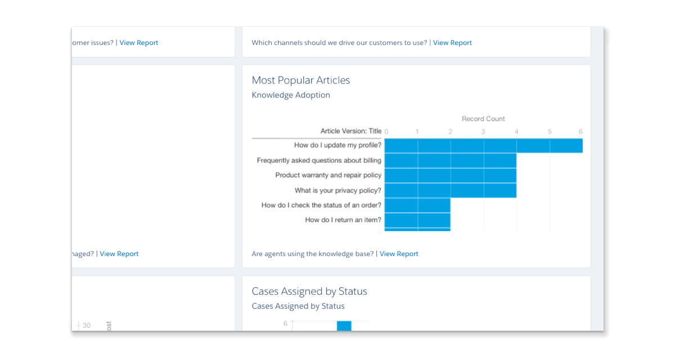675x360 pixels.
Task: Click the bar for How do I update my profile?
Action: [483, 146]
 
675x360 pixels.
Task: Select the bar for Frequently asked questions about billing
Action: [450, 161]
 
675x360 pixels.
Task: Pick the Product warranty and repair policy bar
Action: [450, 175]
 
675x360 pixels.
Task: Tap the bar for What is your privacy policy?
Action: [450, 191]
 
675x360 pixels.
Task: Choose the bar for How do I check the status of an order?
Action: [417, 205]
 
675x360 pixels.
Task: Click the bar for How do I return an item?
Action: [417, 220]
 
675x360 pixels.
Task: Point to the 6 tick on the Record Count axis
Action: [580, 132]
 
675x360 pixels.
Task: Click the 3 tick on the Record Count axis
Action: [483, 132]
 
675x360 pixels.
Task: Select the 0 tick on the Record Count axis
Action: [386, 132]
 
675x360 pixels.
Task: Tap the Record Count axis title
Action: [483, 119]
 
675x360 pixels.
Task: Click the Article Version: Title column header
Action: [351, 131]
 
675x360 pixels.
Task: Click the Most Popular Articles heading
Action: [301, 80]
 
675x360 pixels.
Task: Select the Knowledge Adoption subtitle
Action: [291, 95]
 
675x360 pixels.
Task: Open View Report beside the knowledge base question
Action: [399, 254]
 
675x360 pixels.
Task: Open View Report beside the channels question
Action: [452, 43]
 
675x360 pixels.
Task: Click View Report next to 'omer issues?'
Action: [139, 43]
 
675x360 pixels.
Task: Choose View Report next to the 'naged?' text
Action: [119, 254]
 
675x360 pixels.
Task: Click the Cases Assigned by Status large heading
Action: [309, 291]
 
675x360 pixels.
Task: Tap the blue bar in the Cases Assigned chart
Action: [344, 326]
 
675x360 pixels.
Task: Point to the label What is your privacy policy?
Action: [337, 191]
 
